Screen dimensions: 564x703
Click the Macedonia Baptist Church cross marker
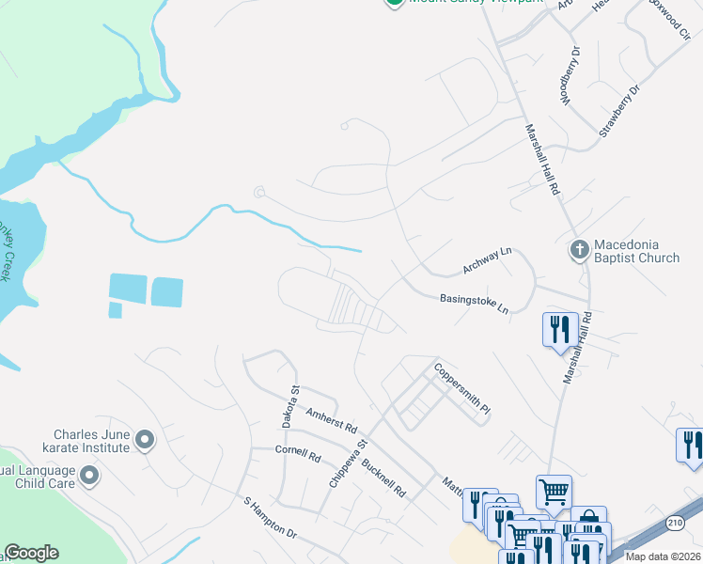(580, 250)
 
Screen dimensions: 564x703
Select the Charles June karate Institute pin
(145, 439)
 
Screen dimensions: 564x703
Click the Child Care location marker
(89, 477)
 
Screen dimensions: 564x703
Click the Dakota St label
(290, 407)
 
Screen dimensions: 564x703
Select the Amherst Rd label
(332, 419)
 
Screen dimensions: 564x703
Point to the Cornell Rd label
(298, 452)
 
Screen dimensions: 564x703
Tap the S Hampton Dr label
(270, 519)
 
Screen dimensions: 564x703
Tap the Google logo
(32, 553)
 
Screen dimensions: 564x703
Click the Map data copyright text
(664, 556)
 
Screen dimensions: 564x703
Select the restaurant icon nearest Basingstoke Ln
(559, 330)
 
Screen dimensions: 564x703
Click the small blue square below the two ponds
(115, 309)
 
